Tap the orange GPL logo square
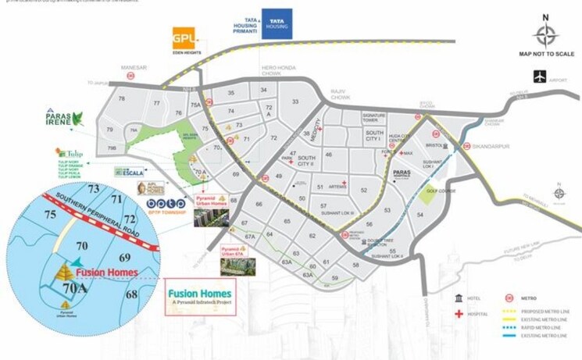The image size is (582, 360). click(x=183, y=38)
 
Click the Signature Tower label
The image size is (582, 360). click(x=374, y=119)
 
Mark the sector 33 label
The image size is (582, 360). click(x=295, y=102)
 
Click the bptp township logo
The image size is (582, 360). click(x=166, y=205)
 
